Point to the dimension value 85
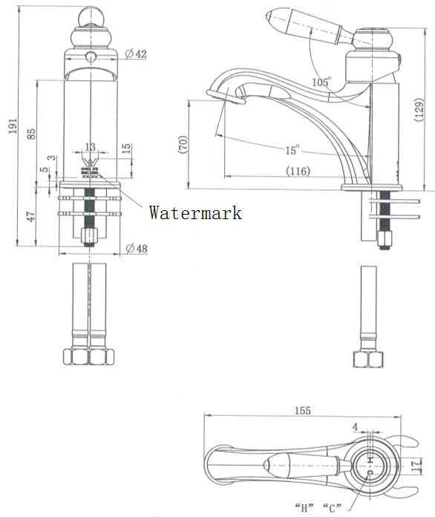click(31, 134)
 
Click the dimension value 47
click(31, 218)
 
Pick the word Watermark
click(195, 213)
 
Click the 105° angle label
click(321, 82)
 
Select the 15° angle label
click(292, 151)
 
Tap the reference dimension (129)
click(419, 109)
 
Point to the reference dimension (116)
click(298, 171)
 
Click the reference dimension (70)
click(181, 144)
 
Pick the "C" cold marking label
click(332, 508)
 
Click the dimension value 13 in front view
click(90, 147)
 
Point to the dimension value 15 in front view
click(126, 149)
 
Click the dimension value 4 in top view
click(356, 428)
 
